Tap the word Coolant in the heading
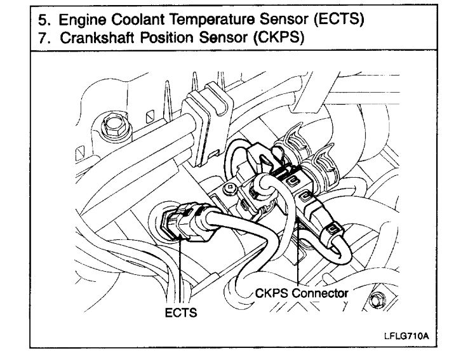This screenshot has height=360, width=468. (x=138, y=19)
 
